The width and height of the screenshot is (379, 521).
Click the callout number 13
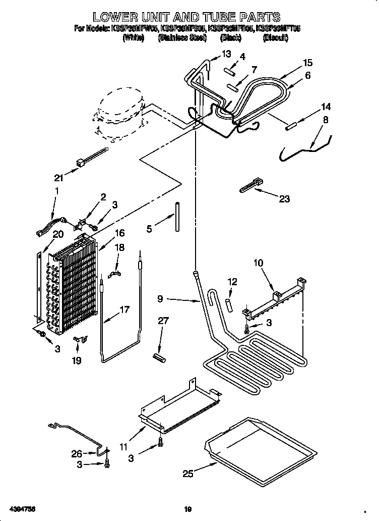click(226, 54)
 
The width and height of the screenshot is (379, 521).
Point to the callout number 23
click(284, 199)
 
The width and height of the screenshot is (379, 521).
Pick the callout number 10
click(258, 263)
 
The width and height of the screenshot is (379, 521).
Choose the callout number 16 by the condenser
click(119, 233)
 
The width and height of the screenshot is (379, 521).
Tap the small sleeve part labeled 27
click(160, 357)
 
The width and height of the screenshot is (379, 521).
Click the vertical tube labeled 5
click(177, 217)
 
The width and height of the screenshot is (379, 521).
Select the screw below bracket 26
click(106, 464)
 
